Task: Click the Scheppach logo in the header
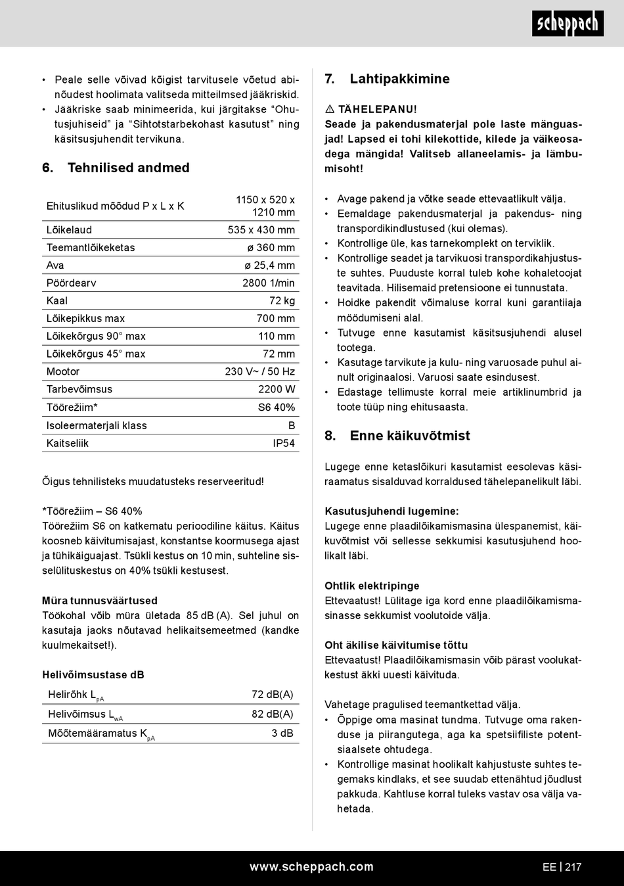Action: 568,24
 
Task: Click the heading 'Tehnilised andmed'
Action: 128,168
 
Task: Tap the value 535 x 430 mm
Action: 261,230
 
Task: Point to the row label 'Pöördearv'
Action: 71,283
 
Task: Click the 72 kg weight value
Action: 282,301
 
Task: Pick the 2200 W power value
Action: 277,389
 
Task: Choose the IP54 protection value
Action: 284,444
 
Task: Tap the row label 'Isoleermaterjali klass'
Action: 97,426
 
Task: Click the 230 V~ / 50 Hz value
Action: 259,371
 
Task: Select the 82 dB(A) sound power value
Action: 272,714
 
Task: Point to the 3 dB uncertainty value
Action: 282,733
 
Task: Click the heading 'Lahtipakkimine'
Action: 399,79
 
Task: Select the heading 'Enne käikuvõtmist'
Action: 410,436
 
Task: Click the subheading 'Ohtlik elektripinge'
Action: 372,586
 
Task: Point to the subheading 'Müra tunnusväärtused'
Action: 100,601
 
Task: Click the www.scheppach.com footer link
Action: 311,867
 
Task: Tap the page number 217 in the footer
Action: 573,867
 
